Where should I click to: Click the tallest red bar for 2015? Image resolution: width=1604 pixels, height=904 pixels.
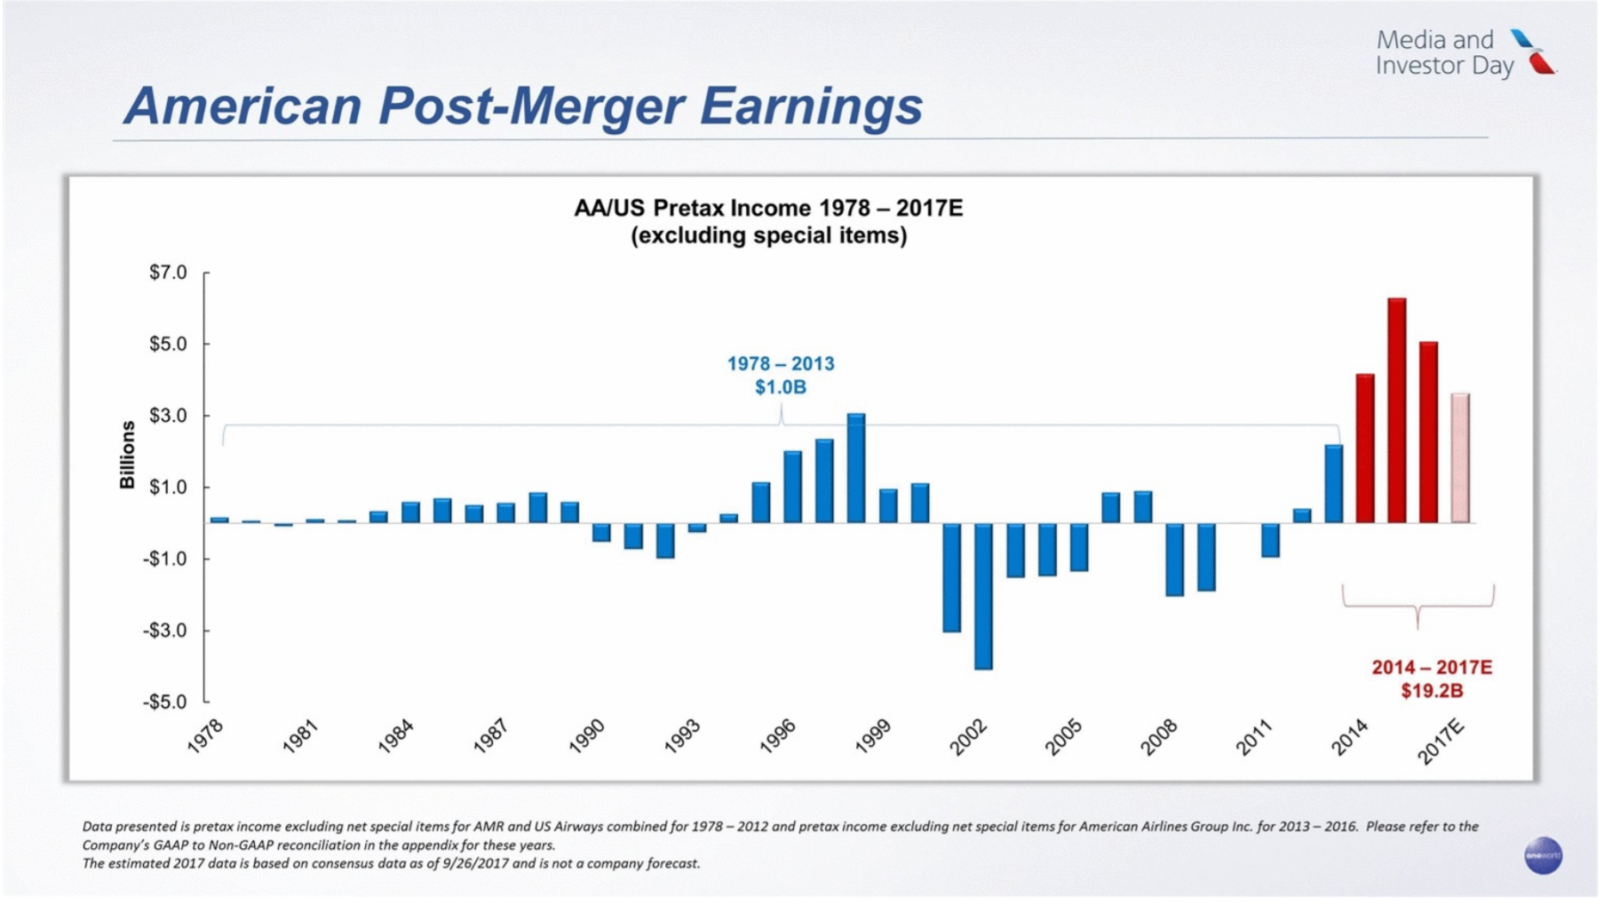[1396, 410]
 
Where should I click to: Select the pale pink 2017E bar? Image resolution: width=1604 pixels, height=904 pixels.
[1460, 458]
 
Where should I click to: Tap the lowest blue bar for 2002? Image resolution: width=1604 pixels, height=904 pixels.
[983, 596]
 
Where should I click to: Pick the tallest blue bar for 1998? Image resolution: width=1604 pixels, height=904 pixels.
[856, 468]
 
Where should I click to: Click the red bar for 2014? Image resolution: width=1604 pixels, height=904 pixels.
[1364, 448]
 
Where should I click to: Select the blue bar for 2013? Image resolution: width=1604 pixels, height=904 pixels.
[1333, 483]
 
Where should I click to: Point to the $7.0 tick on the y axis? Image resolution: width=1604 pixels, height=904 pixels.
[169, 273]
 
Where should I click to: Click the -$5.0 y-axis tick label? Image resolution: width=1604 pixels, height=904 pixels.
[166, 702]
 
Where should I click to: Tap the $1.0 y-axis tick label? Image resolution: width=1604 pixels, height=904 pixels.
[169, 488]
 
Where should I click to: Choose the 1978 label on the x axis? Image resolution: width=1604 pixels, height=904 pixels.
[205, 737]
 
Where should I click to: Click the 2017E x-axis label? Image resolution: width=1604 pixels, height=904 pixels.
[1440, 742]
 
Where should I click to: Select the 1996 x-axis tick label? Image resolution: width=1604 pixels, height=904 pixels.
[777, 737]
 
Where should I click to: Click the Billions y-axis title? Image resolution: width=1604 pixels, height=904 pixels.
[128, 454]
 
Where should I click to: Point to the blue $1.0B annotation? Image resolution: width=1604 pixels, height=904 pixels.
[781, 387]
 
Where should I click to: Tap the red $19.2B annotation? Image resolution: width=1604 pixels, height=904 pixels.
[1432, 691]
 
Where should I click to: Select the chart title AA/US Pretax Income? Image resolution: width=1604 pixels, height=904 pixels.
[768, 208]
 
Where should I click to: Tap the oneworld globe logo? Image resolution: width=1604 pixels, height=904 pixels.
[1543, 855]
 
